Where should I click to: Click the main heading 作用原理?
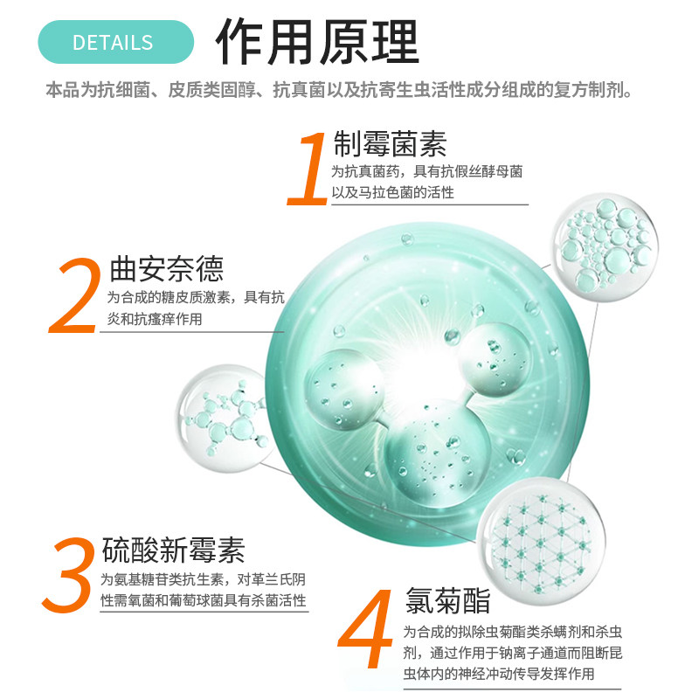click(318, 41)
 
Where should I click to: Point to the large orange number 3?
click(67, 574)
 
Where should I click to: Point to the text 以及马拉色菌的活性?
click(392, 192)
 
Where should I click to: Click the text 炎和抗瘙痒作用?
click(155, 320)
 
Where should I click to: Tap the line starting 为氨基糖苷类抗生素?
click(203, 579)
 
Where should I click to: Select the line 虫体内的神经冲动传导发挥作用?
click(499, 675)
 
